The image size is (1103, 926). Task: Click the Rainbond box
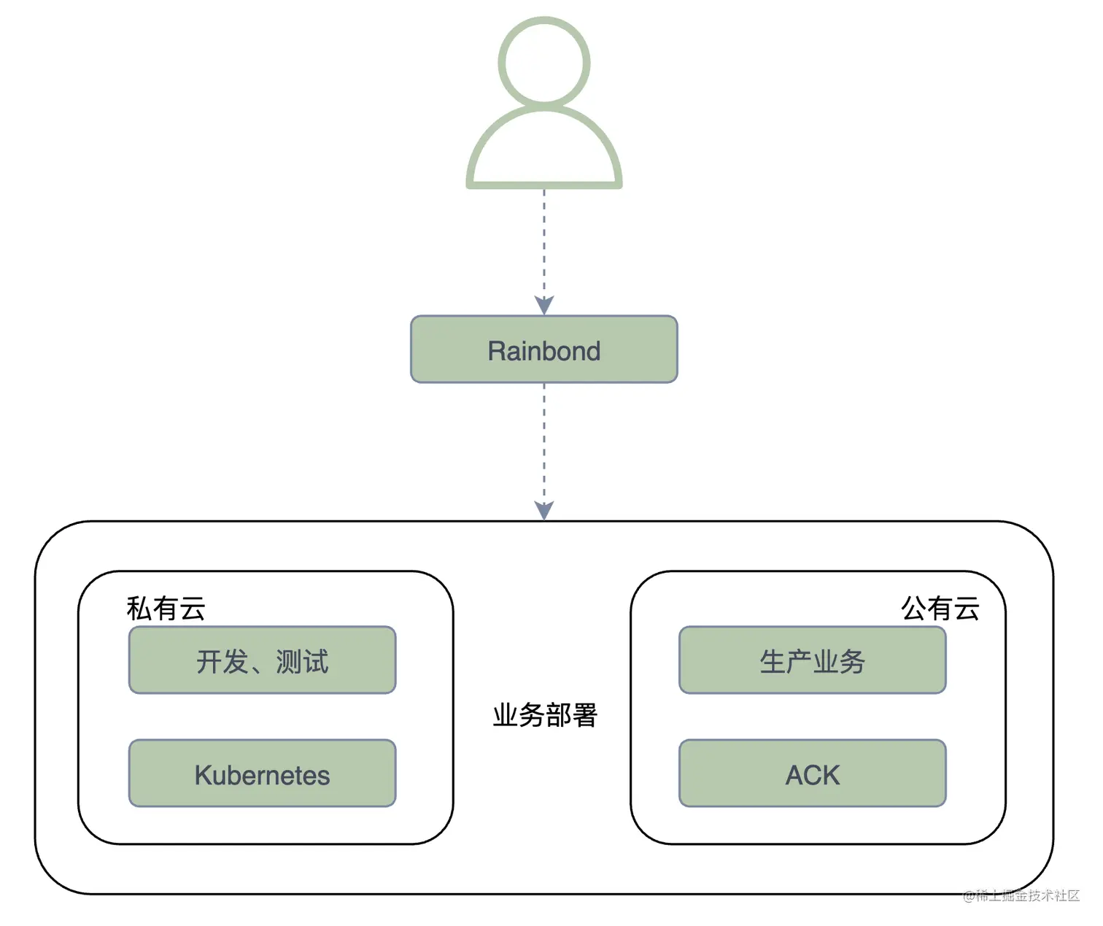coord(543,350)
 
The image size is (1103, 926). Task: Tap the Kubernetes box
coord(262,773)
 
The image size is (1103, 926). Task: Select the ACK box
coord(812,773)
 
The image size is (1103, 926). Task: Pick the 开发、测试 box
coord(262,660)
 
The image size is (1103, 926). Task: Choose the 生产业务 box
coord(812,660)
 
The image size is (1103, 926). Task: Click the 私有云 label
coord(166,609)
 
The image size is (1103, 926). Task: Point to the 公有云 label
coord(940,609)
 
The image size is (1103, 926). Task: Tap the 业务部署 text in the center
coord(545,715)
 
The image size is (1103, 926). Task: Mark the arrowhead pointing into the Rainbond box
coord(544,304)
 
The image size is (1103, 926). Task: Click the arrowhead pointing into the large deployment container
coord(544,509)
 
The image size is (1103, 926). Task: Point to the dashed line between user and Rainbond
coord(544,241)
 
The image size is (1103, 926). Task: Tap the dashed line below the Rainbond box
coord(544,438)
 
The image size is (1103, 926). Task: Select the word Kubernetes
coord(262,775)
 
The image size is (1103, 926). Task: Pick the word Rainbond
coord(543,351)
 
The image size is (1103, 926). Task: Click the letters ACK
coord(812,775)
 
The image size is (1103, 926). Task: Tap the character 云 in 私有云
coord(193,609)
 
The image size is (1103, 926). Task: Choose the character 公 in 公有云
coord(914,609)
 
